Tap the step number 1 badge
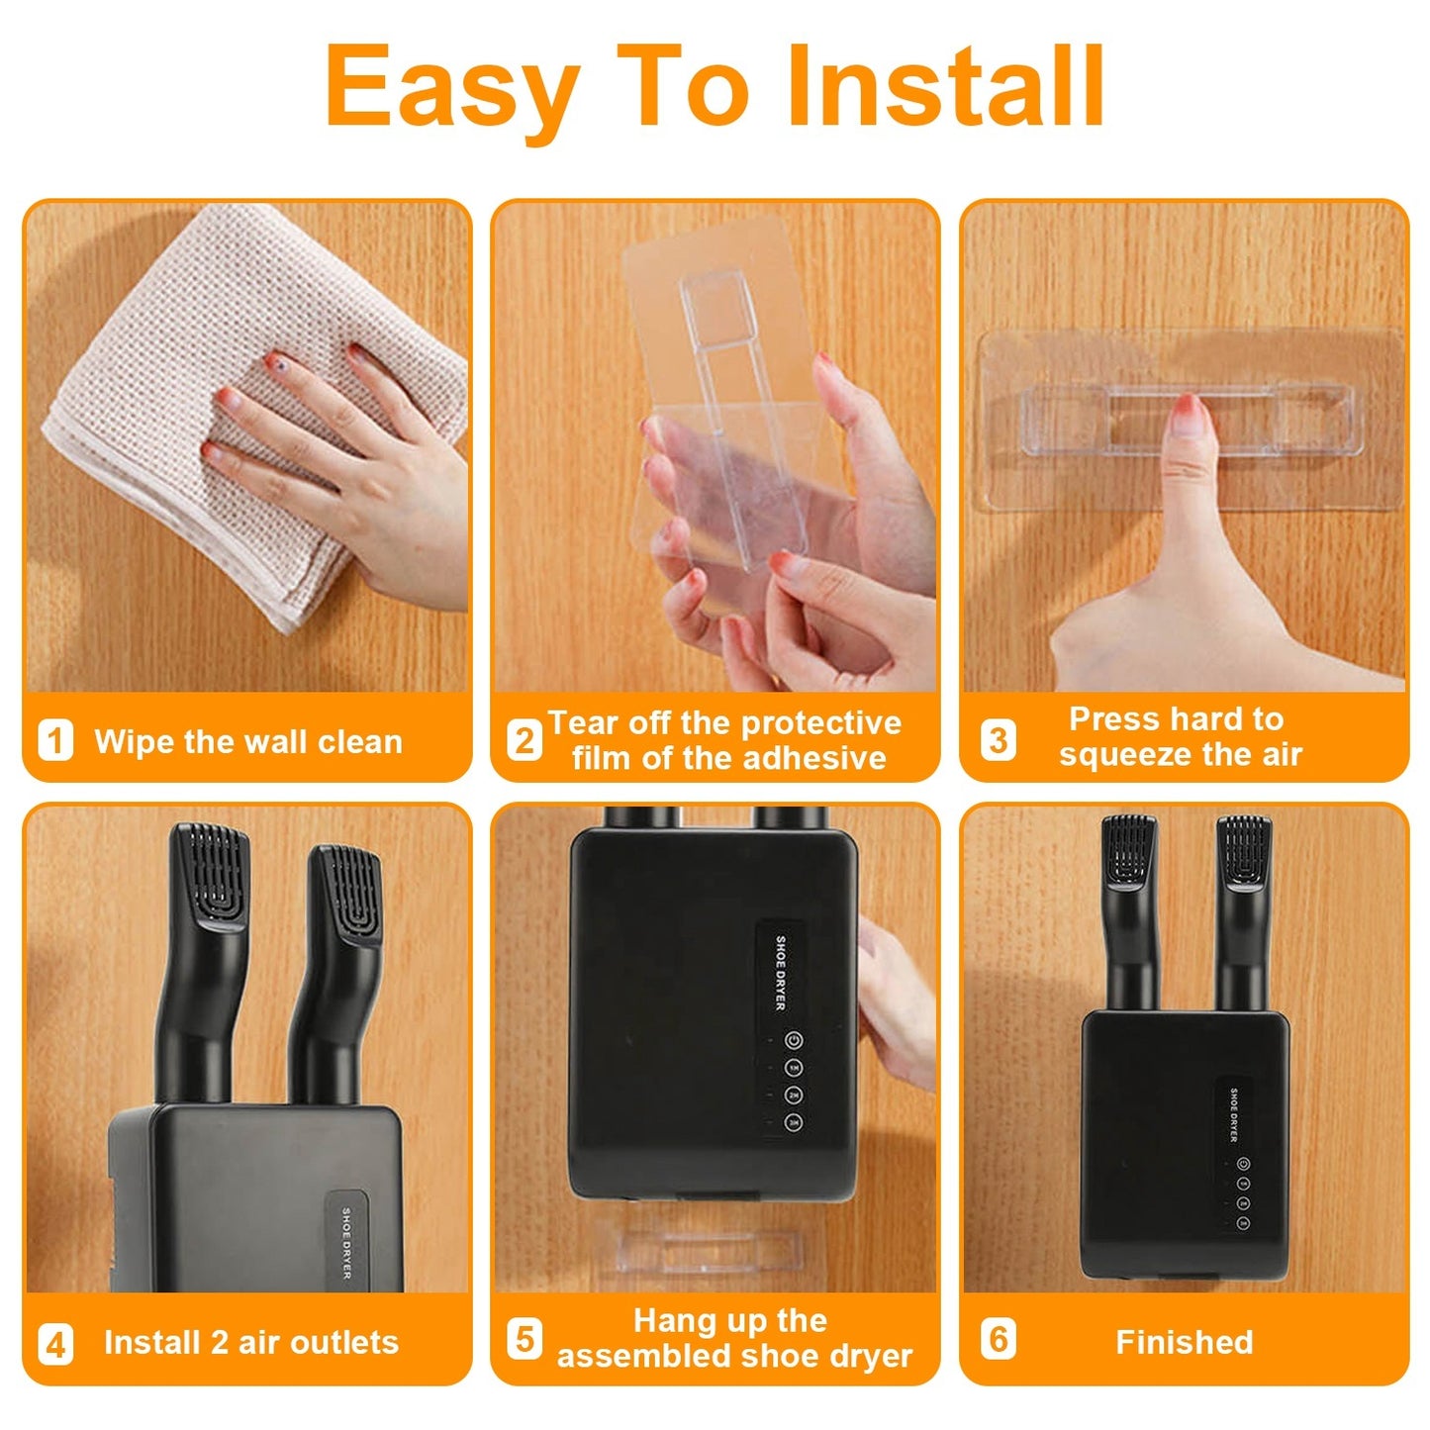55,740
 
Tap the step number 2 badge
524,740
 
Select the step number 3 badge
998,739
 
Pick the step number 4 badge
55,1343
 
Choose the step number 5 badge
524,1339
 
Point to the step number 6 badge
998,1339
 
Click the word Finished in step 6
1184,1342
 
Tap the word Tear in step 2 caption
583,722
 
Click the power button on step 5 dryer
793,1040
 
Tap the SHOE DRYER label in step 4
346,1242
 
